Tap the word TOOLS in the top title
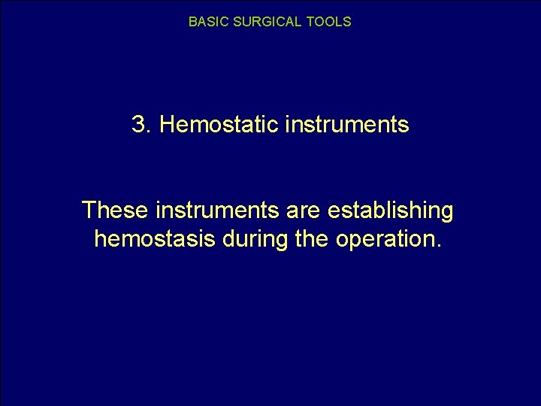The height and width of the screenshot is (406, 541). [329, 23]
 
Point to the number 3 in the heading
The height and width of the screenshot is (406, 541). [138, 125]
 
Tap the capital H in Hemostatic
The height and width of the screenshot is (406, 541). [167, 125]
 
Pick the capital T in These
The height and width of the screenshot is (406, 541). [89, 211]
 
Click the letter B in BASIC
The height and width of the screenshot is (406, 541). [192, 23]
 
